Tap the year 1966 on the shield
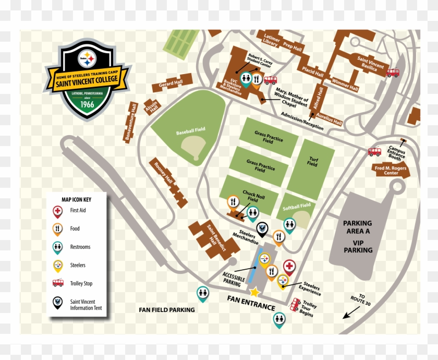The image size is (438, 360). (87, 104)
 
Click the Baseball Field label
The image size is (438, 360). (190, 133)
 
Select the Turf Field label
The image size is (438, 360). (312, 162)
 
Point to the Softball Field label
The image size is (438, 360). (296, 207)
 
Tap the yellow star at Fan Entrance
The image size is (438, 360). (254, 292)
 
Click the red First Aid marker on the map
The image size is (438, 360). (289, 267)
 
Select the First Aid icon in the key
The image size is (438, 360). (57, 211)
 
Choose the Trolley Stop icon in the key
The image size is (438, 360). (57, 283)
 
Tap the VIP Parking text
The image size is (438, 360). (358, 246)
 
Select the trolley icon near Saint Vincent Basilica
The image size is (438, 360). (393, 73)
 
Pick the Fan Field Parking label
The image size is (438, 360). (166, 310)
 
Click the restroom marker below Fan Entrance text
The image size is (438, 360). (279, 318)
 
